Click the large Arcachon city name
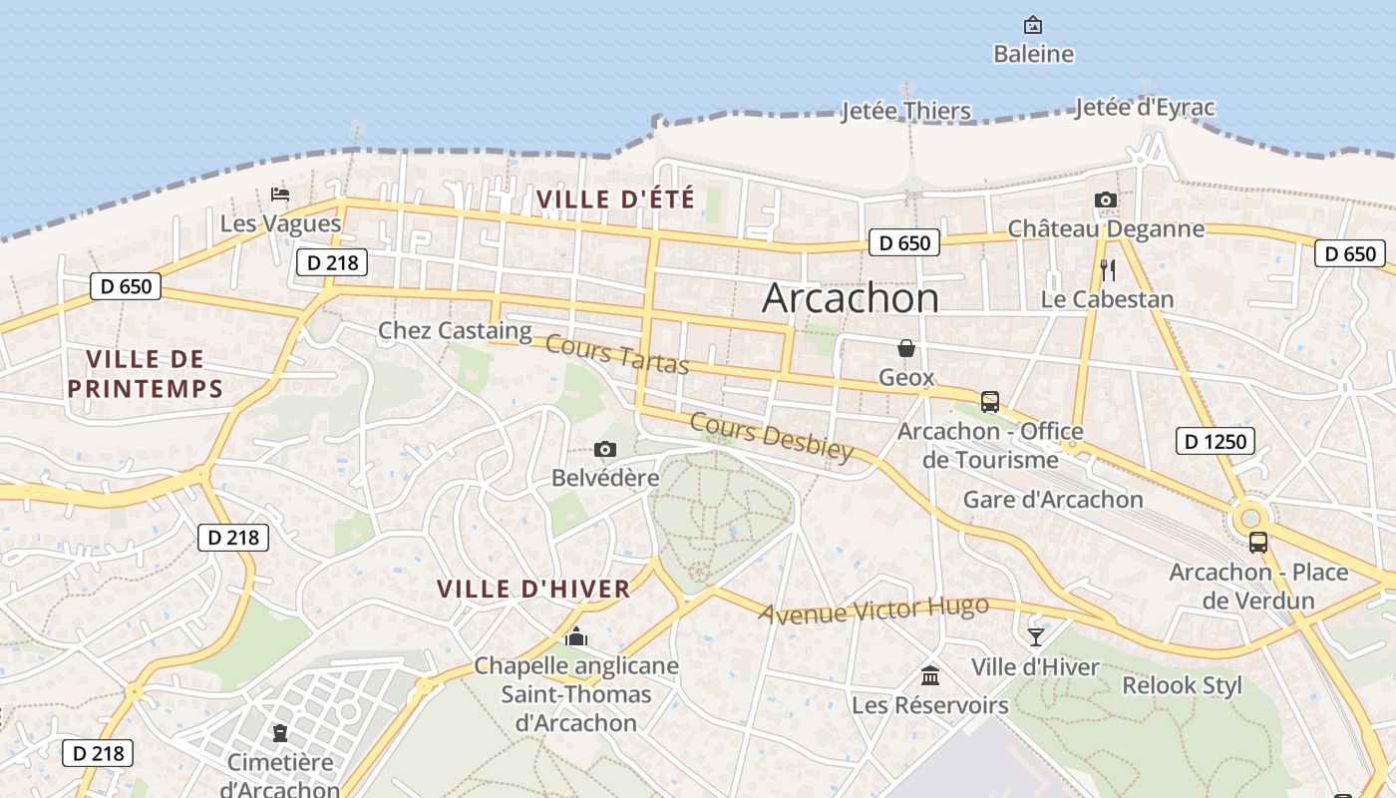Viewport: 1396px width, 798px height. (851, 298)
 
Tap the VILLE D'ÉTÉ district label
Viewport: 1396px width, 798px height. (615, 199)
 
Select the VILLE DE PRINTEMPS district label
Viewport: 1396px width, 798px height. (145, 374)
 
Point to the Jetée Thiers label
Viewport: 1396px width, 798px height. (905, 111)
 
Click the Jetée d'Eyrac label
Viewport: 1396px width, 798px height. (1145, 108)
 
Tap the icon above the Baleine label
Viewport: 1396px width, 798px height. (1033, 24)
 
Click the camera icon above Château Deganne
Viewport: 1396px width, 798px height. (1105, 200)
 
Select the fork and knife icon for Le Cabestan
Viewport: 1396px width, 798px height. (1107, 269)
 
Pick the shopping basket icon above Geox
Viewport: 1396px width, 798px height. (906, 348)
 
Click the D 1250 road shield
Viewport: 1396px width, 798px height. (1215, 441)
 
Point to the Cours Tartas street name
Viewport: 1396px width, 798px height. (617, 355)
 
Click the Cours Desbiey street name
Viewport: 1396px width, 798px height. (772, 437)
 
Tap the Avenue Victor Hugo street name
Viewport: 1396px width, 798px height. (873, 609)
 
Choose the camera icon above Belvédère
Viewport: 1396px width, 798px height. (604, 450)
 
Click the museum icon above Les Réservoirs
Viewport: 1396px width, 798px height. (930, 676)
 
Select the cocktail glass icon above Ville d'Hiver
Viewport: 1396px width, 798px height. (1036, 636)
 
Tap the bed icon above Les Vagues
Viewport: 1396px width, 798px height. (280, 195)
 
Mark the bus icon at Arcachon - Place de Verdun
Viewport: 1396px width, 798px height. (1258, 543)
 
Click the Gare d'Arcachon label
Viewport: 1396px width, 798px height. (1053, 500)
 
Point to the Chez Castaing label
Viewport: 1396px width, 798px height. (455, 330)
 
